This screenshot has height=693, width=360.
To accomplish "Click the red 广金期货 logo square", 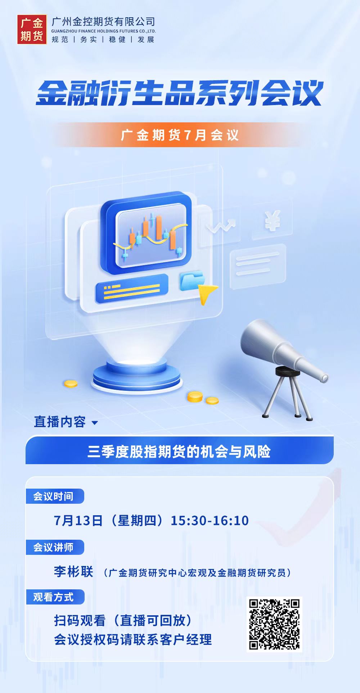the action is [32, 30].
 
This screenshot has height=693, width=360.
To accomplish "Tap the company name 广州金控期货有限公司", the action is [103, 22].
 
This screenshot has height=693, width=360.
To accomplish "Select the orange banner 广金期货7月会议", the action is [180, 135].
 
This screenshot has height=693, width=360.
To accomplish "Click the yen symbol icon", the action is [273, 221].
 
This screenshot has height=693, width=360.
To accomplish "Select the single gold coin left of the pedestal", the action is [71, 384].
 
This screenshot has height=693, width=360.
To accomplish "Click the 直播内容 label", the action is [60, 422].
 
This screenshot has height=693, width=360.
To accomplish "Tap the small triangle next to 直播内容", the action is [95, 423].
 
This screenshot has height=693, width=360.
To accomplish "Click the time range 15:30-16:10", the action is [210, 520].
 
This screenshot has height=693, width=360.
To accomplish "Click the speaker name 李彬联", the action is [74, 571].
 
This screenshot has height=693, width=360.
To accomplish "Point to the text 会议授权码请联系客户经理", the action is [133, 639].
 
